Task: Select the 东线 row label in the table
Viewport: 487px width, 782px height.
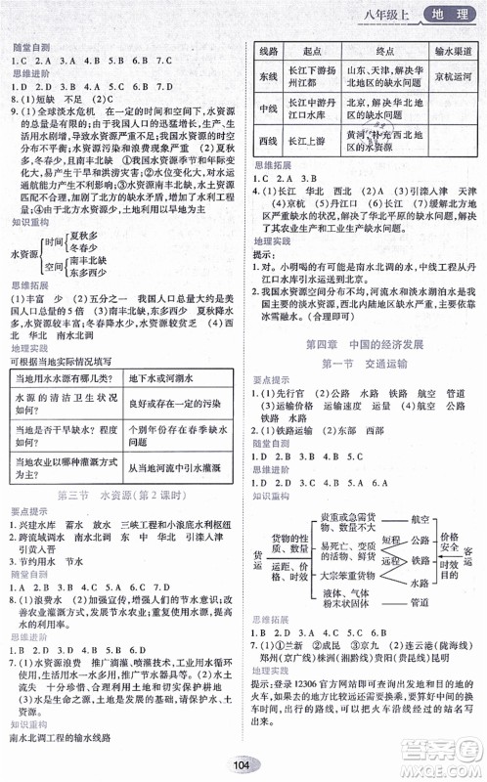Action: pos(268,75)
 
